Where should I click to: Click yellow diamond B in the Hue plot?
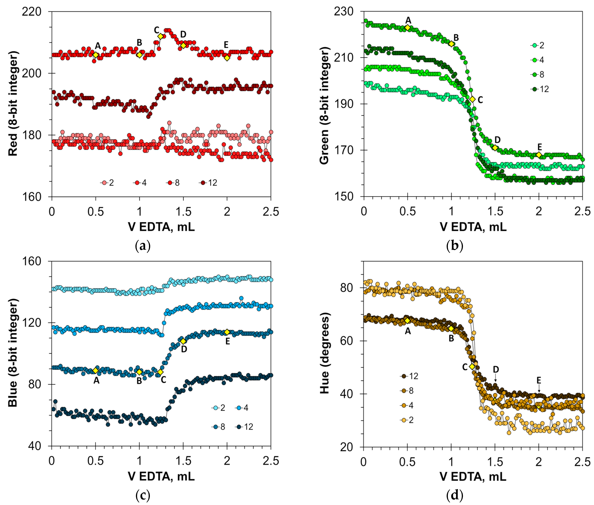(x=451, y=329)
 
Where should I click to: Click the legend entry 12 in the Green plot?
(x=540, y=89)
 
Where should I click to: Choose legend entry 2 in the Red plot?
(x=107, y=183)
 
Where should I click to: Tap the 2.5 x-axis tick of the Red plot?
(x=271, y=212)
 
